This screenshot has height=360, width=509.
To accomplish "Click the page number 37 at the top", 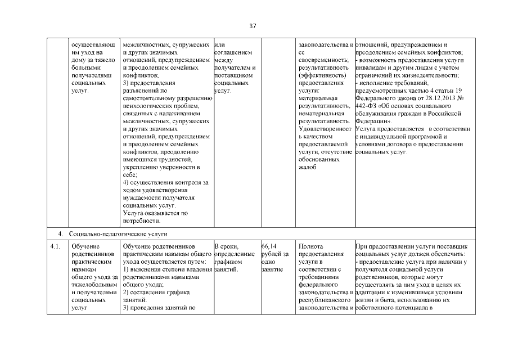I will pos(253,25).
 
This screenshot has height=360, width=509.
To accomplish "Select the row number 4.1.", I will pos(55,246).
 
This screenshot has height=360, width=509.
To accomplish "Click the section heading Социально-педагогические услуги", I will pos(118,233).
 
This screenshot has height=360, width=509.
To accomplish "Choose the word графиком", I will pos(228,262).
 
